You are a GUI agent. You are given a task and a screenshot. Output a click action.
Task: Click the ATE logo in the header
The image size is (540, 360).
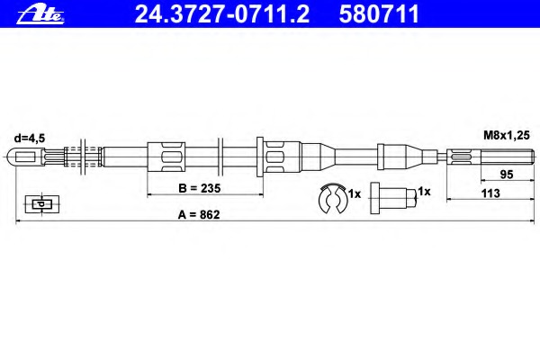click(40, 15)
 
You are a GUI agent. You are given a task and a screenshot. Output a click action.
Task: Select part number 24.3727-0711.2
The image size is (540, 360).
click(222, 14)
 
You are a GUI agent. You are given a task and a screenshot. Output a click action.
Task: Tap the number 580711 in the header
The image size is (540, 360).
click(379, 14)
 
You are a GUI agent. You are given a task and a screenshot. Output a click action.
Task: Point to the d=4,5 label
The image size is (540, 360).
click(30, 138)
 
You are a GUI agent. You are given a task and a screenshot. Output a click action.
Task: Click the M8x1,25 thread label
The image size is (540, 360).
click(506, 135)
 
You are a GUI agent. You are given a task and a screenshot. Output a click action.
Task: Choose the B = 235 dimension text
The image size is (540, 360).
click(200, 188)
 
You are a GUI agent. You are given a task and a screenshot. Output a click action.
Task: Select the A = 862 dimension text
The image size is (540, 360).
click(199, 214)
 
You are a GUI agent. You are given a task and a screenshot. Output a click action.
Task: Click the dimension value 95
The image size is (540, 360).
click(506, 175)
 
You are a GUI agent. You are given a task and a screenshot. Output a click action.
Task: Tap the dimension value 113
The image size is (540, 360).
click(490, 193)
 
